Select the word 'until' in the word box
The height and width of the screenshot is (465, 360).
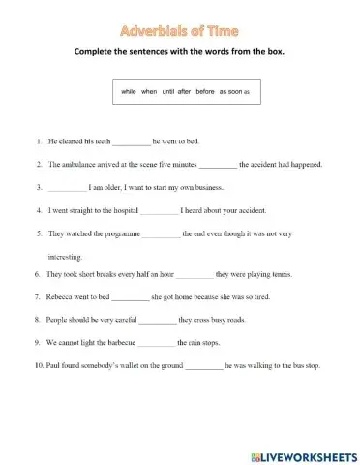click(168, 90)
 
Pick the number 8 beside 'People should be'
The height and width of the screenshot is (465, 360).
click(36, 319)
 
